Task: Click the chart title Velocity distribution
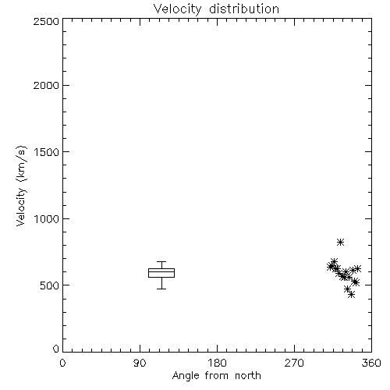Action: [216, 9]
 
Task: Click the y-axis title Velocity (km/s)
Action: [21, 186]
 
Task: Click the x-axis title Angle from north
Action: [216, 376]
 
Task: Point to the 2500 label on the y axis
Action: [46, 21]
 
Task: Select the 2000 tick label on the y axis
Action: [46, 85]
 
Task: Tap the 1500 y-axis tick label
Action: [47, 152]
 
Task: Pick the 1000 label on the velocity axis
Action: [47, 219]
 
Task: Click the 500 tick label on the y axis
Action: [50, 285]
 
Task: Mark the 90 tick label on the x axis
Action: [140, 363]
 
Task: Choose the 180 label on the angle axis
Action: [217, 363]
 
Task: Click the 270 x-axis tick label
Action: [294, 363]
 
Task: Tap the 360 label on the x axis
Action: [371, 363]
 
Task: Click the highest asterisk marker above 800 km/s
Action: [340, 243]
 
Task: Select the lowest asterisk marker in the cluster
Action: [351, 295]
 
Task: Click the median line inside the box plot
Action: [161, 272]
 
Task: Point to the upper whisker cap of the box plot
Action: [161, 261]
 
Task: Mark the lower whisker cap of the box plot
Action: [161, 289]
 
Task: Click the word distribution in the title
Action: [244, 9]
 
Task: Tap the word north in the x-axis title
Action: [248, 376]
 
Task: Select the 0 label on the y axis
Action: [56, 349]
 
